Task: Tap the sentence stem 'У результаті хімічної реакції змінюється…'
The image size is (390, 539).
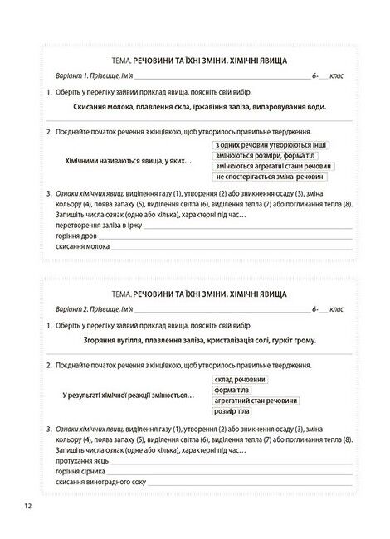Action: click(x=128, y=395)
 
